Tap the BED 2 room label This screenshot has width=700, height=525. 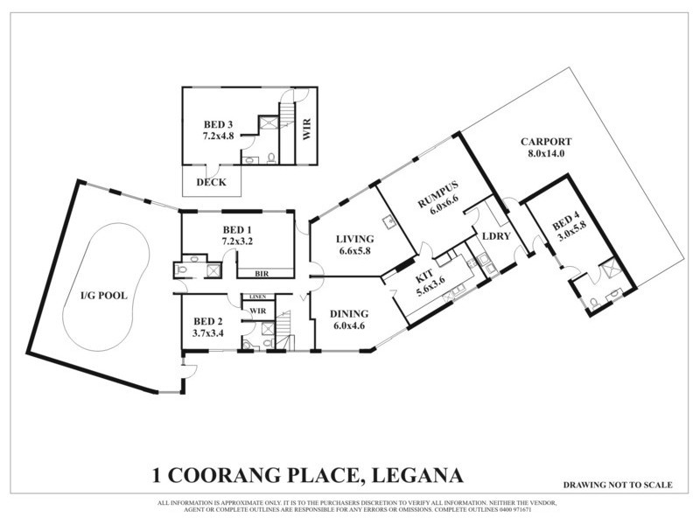click(208, 320)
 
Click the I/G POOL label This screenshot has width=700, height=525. click(103, 295)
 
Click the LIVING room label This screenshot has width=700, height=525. click(354, 239)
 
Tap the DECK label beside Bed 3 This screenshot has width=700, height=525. click(211, 182)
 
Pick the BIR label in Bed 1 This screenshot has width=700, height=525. click(261, 273)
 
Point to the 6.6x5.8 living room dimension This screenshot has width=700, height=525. click(354, 251)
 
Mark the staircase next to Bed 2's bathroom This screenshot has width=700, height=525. click(283, 330)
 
